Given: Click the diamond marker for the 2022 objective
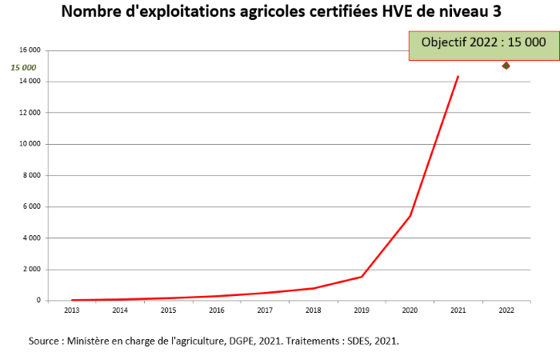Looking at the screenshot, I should coord(506,66).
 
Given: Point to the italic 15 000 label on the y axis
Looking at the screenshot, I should coord(24,67).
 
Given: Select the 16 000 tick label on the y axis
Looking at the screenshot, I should coord(28,50).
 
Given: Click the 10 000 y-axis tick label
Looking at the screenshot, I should coord(28,144).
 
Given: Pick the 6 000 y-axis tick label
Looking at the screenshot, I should coord(30,206).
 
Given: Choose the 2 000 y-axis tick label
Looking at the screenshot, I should coord(30,269).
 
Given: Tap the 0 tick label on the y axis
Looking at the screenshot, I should coord(37,300).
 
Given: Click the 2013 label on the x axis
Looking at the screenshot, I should coord(71,310).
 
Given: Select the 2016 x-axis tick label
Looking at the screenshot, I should coord(216,310).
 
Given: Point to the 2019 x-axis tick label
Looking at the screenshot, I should coord(361,310).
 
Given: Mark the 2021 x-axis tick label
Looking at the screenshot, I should coord(458,310).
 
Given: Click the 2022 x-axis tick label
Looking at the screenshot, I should coord(506,310).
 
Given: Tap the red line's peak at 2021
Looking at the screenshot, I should coord(458,77).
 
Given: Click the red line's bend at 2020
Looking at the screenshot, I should coord(410,216).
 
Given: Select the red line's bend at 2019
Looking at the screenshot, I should coord(362,277).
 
